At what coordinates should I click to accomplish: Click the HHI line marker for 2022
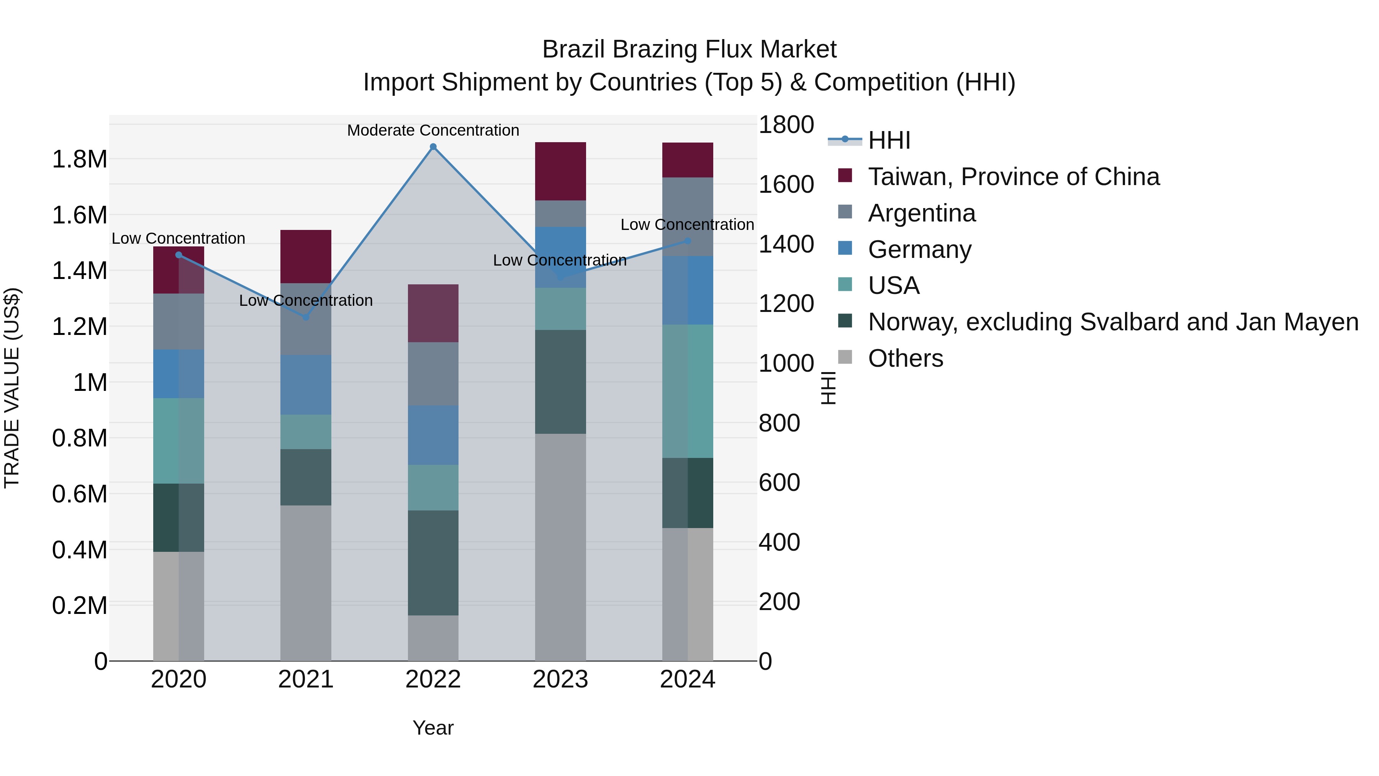[x=433, y=147]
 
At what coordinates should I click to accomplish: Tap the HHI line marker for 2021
[x=306, y=317]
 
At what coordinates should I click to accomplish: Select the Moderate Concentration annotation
[x=433, y=130]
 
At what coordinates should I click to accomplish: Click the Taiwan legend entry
[x=1013, y=177]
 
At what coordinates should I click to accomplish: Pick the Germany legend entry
[x=919, y=249]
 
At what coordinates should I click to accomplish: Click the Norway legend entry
[x=1112, y=322]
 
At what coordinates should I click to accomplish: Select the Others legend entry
[x=905, y=358]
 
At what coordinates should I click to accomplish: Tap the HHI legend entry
[x=889, y=140]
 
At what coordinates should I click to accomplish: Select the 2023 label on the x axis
[x=560, y=679]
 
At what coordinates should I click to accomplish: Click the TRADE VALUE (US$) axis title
[x=12, y=388]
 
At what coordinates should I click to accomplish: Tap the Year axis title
[x=433, y=728]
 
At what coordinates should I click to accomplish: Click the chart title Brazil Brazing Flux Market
[x=689, y=49]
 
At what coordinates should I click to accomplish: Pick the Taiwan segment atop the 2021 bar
[x=306, y=256]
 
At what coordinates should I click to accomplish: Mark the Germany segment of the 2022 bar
[x=433, y=435]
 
